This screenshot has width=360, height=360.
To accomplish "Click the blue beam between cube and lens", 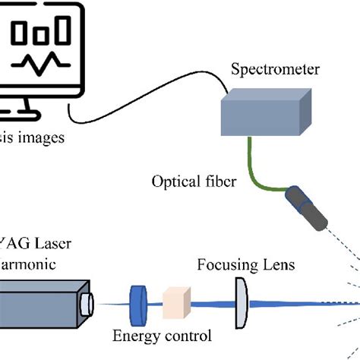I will tap(213, 302).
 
